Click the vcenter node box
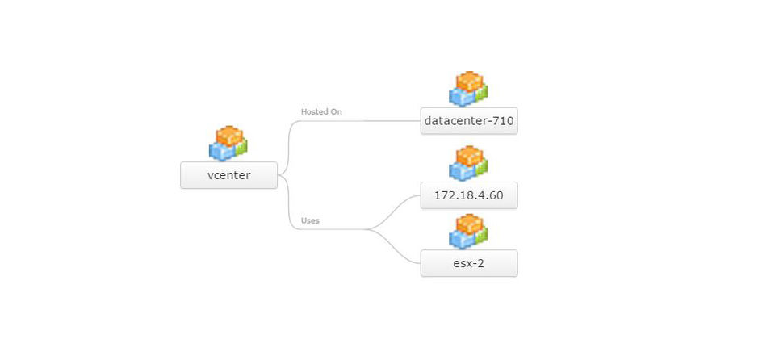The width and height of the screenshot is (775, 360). [228, 174]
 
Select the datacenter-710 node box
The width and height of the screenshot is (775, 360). [468, 121]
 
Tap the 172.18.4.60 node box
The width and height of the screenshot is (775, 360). [468, 195]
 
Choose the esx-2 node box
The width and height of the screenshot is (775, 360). [468, 263]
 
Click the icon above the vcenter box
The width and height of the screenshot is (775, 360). [228, 144]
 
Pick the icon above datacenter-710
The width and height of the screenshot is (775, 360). [468, 89]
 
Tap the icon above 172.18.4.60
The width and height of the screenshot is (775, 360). [468, 163]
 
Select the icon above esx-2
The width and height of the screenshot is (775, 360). [468, 231]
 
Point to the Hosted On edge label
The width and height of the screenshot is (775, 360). [321, 111]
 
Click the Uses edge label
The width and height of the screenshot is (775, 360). [310, 220]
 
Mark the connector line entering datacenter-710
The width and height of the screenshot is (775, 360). [387, 121]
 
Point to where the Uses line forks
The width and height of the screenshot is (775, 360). [367, 229]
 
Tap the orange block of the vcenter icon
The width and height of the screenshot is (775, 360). [229, 135]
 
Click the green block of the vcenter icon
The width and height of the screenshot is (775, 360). [241, 147]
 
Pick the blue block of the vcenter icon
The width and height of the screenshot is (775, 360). [220, 150]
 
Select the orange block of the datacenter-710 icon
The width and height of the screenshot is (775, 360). [469, 81]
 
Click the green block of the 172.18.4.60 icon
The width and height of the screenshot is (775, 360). [481, 167]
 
